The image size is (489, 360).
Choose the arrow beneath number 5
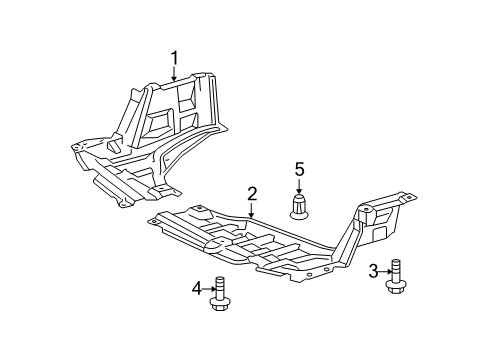297,185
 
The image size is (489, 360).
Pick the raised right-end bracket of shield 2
377,222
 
